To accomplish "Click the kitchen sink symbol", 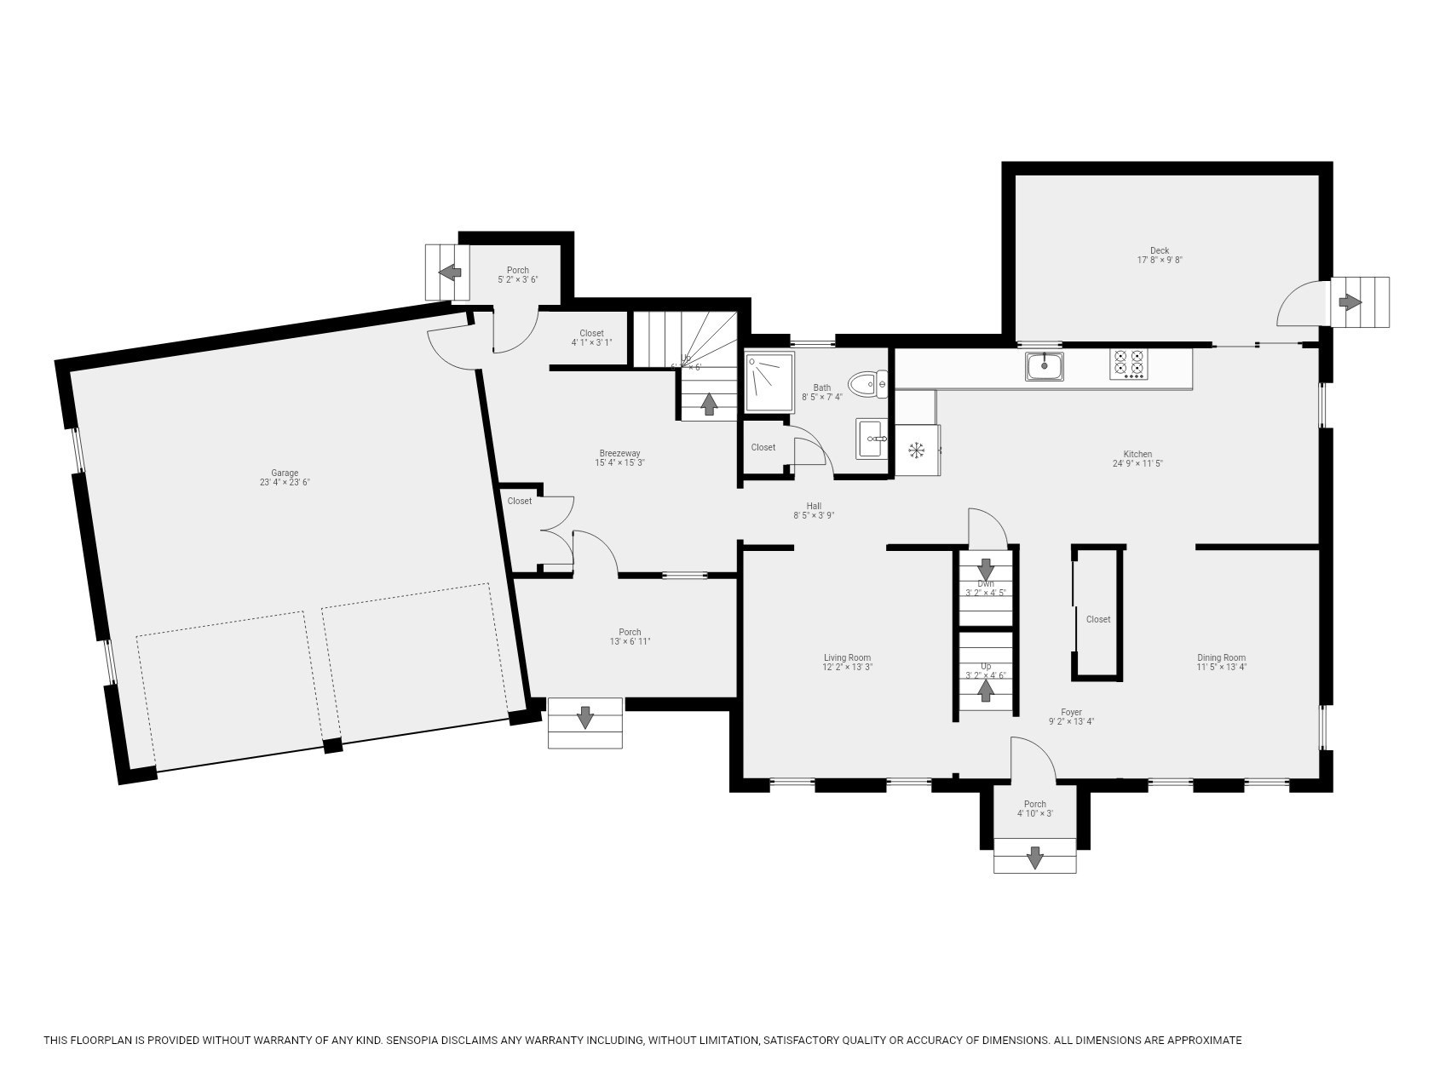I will coord(1044,366).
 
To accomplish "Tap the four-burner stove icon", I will coord(1128,364).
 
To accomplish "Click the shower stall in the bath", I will coord(769,383).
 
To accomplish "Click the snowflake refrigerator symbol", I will coord(917,450).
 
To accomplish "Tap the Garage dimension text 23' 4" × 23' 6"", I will coord(285,483).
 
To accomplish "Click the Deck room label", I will coord(1159,250).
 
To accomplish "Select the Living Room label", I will coord(847,657).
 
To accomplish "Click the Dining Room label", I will coord(1221,657).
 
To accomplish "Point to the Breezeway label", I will coord(619,453).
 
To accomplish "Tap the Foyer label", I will coord(1071,712).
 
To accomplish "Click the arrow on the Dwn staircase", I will coord(986,568).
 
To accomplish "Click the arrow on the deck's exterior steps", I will coord(1350,302).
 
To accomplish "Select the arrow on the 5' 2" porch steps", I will coord(450,272).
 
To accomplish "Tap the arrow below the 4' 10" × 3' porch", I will coord(1034,857).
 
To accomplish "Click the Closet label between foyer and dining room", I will coord(1097,619).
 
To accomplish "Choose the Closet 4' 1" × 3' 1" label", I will coord(591,333).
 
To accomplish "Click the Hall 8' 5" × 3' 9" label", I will coord(814,506).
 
